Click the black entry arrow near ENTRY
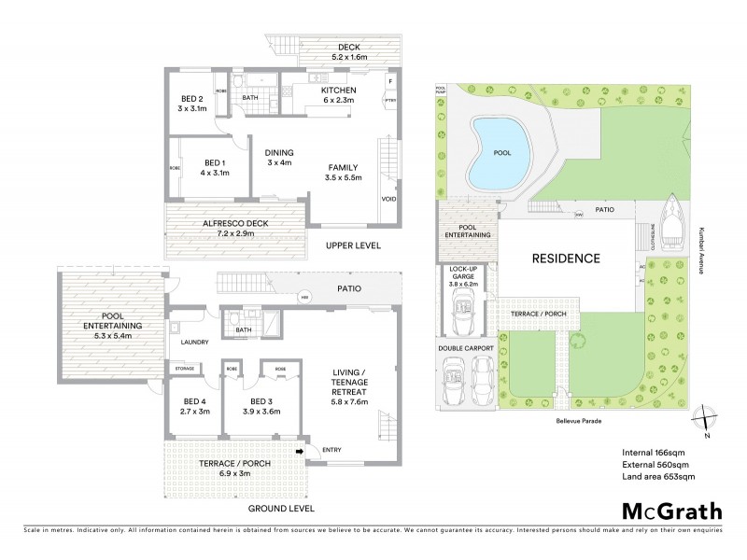301,453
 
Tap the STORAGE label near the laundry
183,370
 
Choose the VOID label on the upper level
388,199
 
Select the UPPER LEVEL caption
352,245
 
